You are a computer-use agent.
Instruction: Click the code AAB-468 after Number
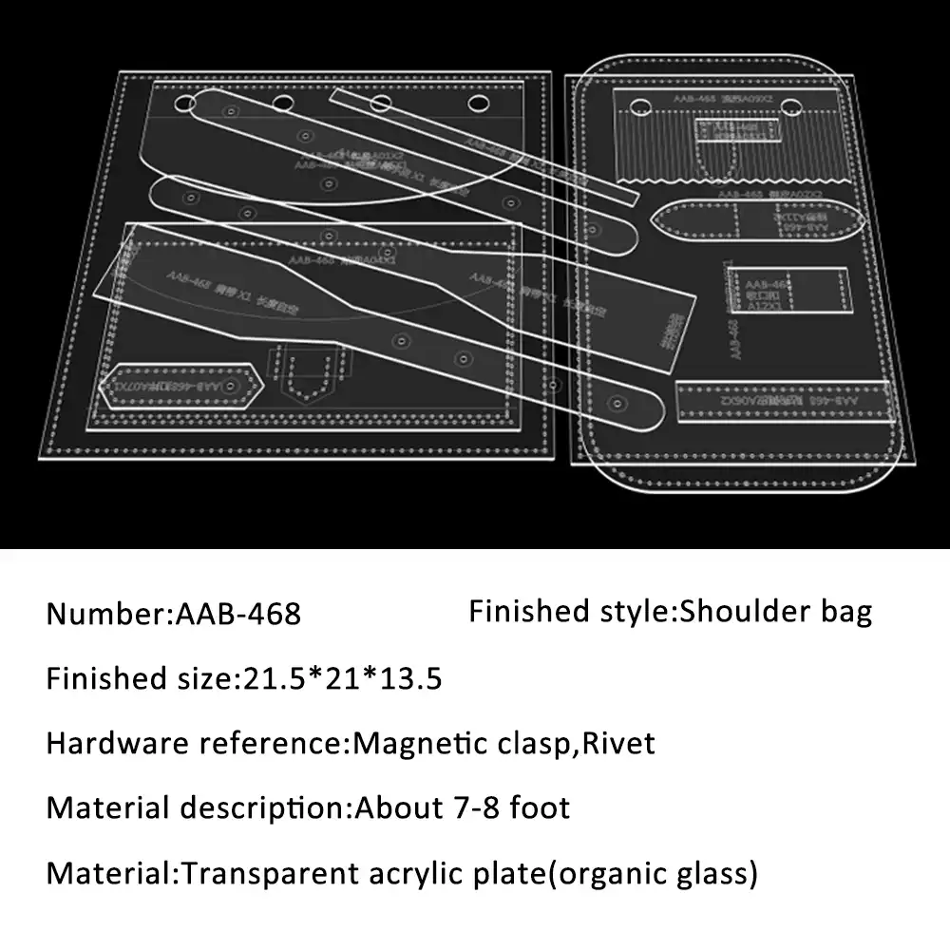pos(238,614)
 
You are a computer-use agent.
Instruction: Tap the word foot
pos(540,807)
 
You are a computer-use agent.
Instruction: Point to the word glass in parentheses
pos(709,872)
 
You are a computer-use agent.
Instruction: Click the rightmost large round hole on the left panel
pos(477,102)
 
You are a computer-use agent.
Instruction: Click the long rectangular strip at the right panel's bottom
pos(781,401)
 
